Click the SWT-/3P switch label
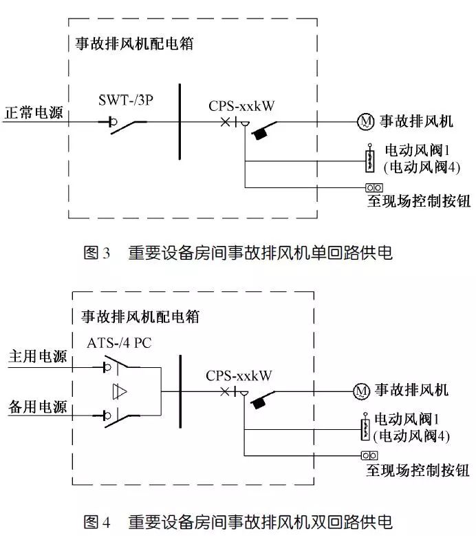[127, 100]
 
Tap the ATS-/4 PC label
[119, 342]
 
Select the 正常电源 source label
[34, 112]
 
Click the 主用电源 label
[38, 357]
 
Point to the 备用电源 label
[38, 407]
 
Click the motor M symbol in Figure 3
[365, 122]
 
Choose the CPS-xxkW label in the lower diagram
[239, 375]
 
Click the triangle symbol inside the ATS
[121, 391]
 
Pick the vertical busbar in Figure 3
[179, 121]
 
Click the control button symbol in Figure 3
[374, 187]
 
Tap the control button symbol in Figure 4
[370, 455]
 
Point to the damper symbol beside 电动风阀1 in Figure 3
[369, 160]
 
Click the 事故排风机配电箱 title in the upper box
[133, 44]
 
